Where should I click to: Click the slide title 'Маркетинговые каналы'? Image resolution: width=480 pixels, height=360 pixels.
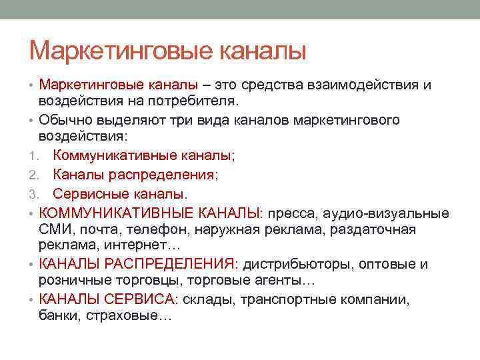(168, 50)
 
